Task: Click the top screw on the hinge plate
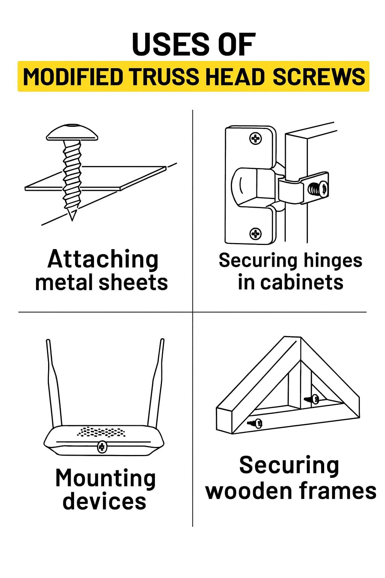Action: tap(256, 138)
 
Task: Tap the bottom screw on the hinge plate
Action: tap(256, 234)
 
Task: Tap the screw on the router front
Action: tap(102, 447)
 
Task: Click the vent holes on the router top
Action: tap(102, 432)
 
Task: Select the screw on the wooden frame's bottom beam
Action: tap(256, 423)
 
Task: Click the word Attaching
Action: tap(103, 260)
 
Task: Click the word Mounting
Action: tap(105, 479)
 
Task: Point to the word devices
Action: tap(104, 501)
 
